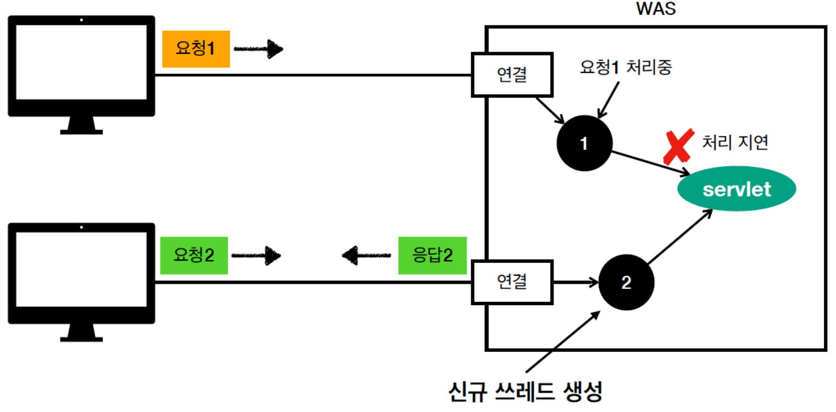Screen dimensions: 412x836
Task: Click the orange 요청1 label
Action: [196, 49]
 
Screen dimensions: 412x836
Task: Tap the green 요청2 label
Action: [194, 255]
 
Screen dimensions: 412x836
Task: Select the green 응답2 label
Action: [432, 255]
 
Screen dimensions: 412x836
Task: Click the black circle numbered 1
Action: [584, 144]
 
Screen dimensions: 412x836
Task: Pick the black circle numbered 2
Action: [626, 282]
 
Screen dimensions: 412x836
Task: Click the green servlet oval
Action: [737, 189]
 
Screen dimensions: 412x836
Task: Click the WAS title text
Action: [656, 10]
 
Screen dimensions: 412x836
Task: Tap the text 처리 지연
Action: [734, 142]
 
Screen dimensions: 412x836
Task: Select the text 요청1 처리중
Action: [626, 67]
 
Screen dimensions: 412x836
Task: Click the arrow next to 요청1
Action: [258, 49]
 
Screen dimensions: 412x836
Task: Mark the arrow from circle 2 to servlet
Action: [679, 237]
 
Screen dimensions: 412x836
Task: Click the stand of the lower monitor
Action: [81, 331]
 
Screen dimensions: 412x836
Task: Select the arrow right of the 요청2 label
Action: [256, 256]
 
